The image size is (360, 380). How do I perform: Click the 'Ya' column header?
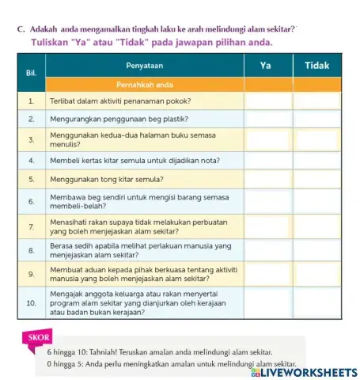267,66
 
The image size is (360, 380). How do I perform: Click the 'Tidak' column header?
316,66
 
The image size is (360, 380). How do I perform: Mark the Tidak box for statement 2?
316,119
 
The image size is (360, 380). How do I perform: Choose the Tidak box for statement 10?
316,302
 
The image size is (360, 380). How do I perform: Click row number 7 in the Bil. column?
32,228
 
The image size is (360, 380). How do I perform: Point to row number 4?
32,161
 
